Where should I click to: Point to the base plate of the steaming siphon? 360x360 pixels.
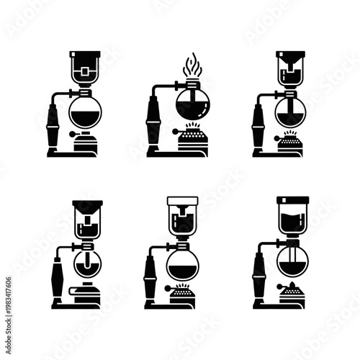coord(160,153)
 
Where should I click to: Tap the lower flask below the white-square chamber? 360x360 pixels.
coord(85,112)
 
